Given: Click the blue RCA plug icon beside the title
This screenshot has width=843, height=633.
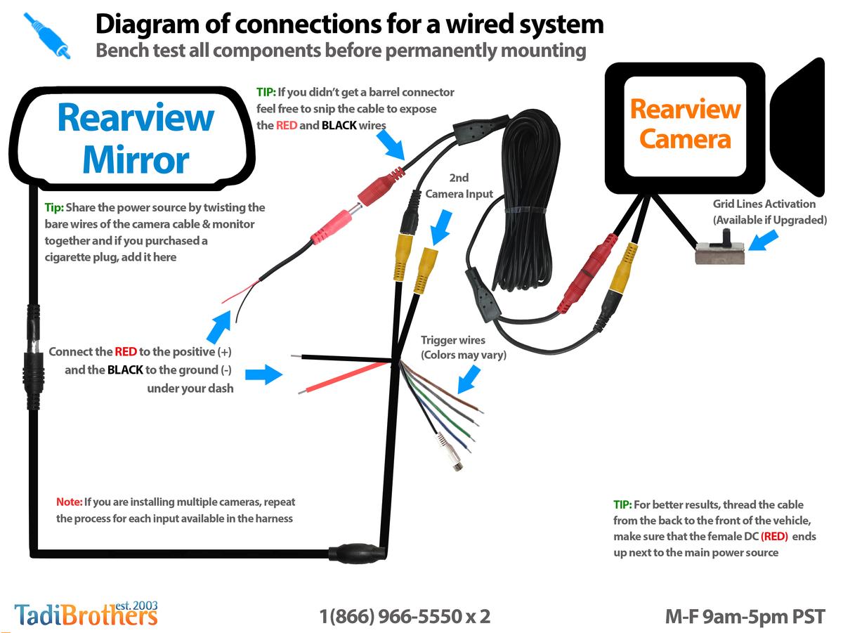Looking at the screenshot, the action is pyautogui.click(x=47, y=35).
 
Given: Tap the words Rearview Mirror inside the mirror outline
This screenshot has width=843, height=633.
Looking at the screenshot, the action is pyautogui.click(x=136, y=138).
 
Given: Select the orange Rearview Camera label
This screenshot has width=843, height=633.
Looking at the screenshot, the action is pyautogui.click(x=685, y=124).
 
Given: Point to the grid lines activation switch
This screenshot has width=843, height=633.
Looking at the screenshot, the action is pyautogui.click(x=720, y=249).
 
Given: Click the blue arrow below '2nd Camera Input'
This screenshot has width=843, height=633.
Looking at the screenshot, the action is pyautogui.click(x=440, y=228).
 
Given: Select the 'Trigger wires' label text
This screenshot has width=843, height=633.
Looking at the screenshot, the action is pyautogui.click(x=453, y=340).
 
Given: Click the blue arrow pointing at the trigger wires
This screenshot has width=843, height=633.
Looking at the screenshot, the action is pyautogui.click(x=468, y=380).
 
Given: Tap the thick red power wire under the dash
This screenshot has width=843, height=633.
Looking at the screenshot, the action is pyautogui.click(x=344, y=377).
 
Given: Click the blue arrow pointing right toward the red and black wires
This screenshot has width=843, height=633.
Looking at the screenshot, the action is pyautogui.click(x=263, y=374).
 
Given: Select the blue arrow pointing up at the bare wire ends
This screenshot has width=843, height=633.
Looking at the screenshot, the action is pyautogui.click(x=219, y=327).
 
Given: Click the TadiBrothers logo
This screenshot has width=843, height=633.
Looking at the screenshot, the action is pyautogui.click(x=86, y=613).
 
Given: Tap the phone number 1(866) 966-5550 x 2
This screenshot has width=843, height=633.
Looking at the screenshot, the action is pyautogui.click(x=405, y=616).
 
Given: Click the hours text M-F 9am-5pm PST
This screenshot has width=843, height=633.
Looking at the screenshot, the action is pyautogui.click(x=745, y=616).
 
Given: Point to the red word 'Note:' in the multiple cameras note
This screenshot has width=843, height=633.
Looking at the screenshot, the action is pyautogui.click(x=69, y=502).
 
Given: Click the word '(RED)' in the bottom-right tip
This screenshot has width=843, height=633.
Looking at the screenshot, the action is pyautogui.click(x=774, y=536).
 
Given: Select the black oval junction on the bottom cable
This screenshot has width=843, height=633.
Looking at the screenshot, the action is pyautogui.click(x=357, y=552).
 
